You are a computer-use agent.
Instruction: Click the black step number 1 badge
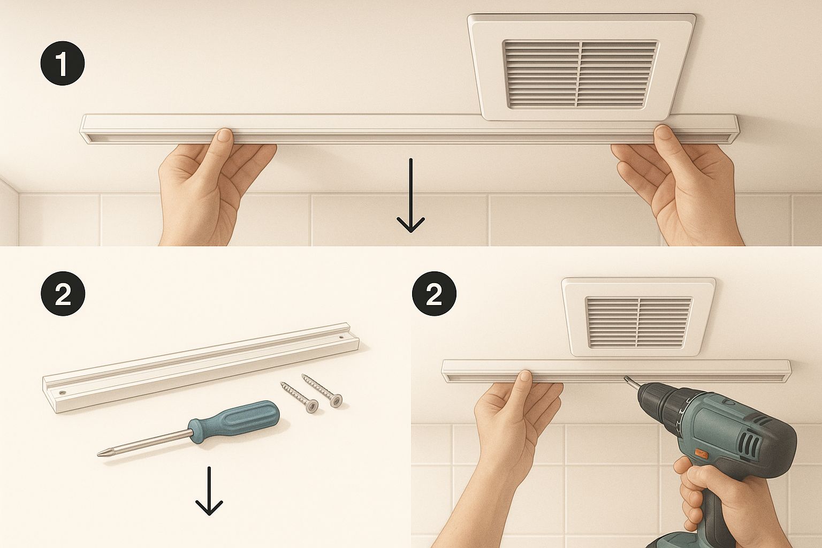click(x=63, y=64)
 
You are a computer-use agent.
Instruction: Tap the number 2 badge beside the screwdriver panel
click(x=63, y=294)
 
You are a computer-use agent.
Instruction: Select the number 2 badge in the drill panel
click(x=434, y=294)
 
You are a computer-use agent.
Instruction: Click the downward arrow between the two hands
click(x=410, y=195)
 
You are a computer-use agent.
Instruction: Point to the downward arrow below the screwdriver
click(x=209, y=491)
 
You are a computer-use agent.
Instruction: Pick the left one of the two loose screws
click(x=300, y=397)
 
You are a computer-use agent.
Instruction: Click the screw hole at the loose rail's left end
click(x=62, y=392)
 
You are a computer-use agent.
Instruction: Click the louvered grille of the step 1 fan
click(x=581, y=74)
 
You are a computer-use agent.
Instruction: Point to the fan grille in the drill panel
click(x=639, y=322)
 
